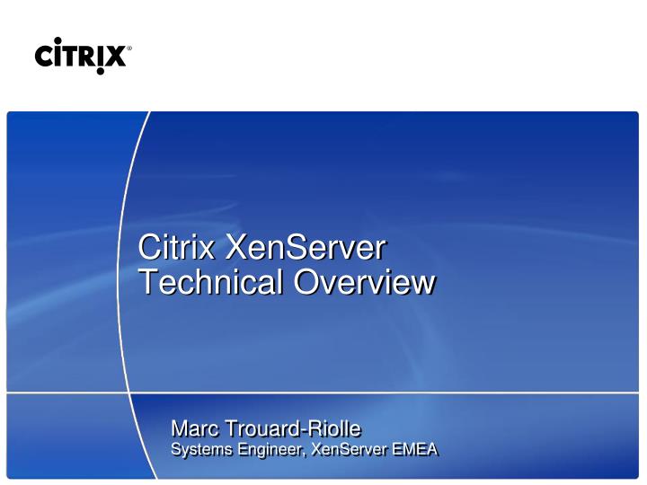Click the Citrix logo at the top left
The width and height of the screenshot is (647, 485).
pos(82,56)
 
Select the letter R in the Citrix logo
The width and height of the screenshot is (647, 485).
pos(92,57)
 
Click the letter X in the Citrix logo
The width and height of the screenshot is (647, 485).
pos(117,57)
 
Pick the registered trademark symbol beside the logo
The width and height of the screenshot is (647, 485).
pos(129,50)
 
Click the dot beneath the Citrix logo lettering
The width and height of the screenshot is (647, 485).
pos(101,72)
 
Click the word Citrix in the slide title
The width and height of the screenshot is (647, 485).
pos(175,247)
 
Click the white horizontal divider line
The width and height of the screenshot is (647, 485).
pos(404,392)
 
